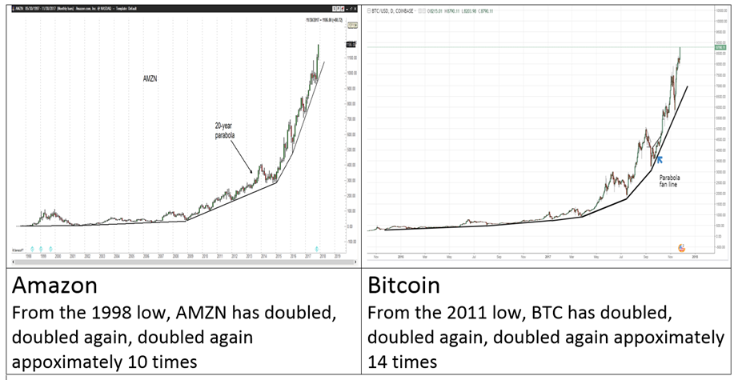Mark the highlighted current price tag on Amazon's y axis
pos(350,46)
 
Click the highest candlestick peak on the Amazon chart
pos(319,45)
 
